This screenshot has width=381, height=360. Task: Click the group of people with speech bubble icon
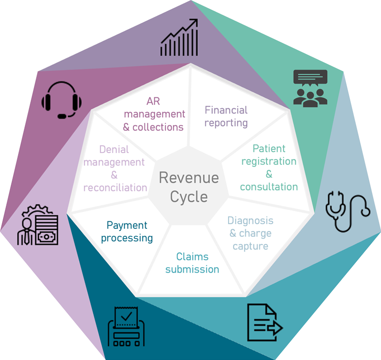(310, 88)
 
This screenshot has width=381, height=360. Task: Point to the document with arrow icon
(264, 322)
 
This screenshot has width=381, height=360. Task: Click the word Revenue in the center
(189, 177)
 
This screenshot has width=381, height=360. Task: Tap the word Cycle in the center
(189, 197)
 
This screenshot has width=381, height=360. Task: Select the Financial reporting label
(226, 116)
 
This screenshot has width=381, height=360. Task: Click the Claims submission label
(192, 263)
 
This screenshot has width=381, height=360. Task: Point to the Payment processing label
(127, 231)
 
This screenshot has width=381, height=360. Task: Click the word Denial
(114, 149)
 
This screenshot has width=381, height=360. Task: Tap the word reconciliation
(115, 187)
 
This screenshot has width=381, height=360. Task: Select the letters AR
(153, 101)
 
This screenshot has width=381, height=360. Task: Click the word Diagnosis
(250, 221)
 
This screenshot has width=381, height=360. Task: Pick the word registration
(269, 161)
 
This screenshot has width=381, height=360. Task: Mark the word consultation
(269, 187)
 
